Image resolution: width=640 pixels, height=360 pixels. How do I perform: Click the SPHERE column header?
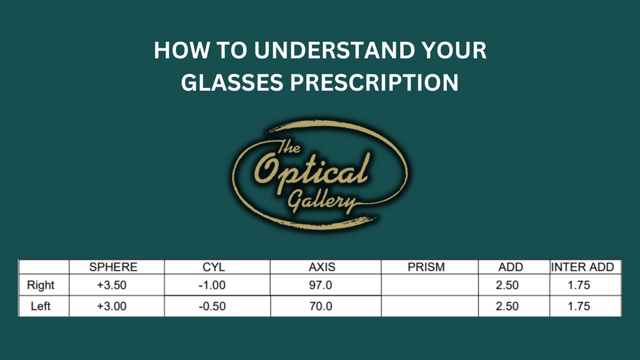[x=113, y=267]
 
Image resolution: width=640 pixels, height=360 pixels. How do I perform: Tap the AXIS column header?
[x=322, y=267]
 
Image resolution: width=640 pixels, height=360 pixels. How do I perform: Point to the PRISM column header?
[x=426, y=267]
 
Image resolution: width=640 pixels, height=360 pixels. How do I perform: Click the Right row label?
[x=41, y=286]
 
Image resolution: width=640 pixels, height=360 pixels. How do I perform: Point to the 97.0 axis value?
[x=321, y=286]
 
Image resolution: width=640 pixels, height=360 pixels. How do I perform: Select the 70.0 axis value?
[x=321, y=306]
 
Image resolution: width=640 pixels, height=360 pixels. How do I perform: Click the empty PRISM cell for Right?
[x=429, y=286]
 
